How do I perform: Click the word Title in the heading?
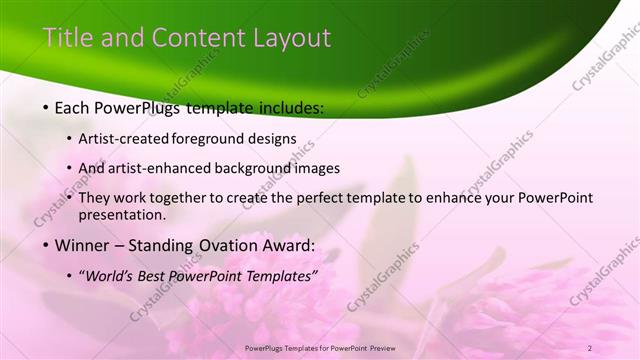coord(65,38)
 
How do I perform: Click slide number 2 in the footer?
coord(590,347)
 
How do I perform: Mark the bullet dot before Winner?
coord(47,246)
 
